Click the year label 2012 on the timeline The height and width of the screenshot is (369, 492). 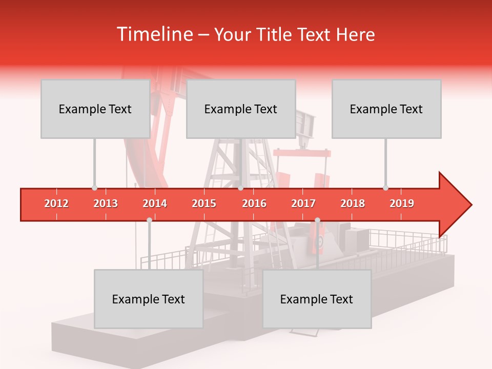click(x=56, y=203)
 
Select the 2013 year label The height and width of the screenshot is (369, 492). click(x=106, y=203)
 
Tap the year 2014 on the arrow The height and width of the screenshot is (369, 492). click(x=155, y=203)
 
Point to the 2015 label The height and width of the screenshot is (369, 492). click(x=204, y=203)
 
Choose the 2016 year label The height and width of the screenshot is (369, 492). click(x=254, y=203)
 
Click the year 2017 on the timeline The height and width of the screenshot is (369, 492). click(x=303, y=203)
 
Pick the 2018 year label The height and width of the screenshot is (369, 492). click(x=353, y=203)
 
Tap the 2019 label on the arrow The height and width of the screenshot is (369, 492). click(x=402, y=203)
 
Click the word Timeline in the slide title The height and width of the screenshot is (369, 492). click(x=154, y=34)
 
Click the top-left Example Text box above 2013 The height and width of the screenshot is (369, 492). click(x=95, y=109)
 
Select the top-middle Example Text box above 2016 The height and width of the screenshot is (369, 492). click(x=241, y=109)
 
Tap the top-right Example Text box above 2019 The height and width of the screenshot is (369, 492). click(x=386, y=109)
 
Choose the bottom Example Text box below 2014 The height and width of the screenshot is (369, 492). click(x=149, y=299)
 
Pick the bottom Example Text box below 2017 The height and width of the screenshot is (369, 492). click(x=317, y=299)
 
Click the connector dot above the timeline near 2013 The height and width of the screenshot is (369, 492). click(x=94, y=188)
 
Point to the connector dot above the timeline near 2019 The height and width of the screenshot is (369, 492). click(x=385, y=188)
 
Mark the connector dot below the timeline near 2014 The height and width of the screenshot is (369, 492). click(x=149, y=220)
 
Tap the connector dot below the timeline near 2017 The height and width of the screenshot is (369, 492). click(x=317, y=220)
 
